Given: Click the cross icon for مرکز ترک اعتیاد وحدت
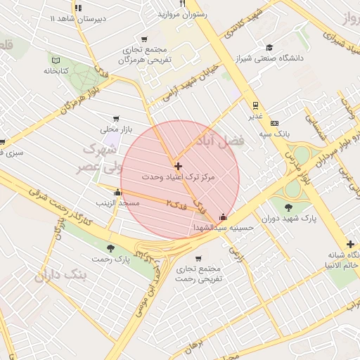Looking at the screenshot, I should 178,167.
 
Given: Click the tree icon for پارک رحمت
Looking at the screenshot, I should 110,248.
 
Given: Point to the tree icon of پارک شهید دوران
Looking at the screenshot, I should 289,207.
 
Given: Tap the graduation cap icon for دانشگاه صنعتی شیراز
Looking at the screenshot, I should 269,48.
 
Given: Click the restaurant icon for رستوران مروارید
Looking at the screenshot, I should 183,4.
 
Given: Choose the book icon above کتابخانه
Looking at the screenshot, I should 56,60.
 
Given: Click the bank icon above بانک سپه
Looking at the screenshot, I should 274,123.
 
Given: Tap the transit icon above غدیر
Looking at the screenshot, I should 255,106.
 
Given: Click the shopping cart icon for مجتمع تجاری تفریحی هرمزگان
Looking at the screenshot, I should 144,39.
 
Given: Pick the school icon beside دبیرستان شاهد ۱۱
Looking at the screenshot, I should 77,8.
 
